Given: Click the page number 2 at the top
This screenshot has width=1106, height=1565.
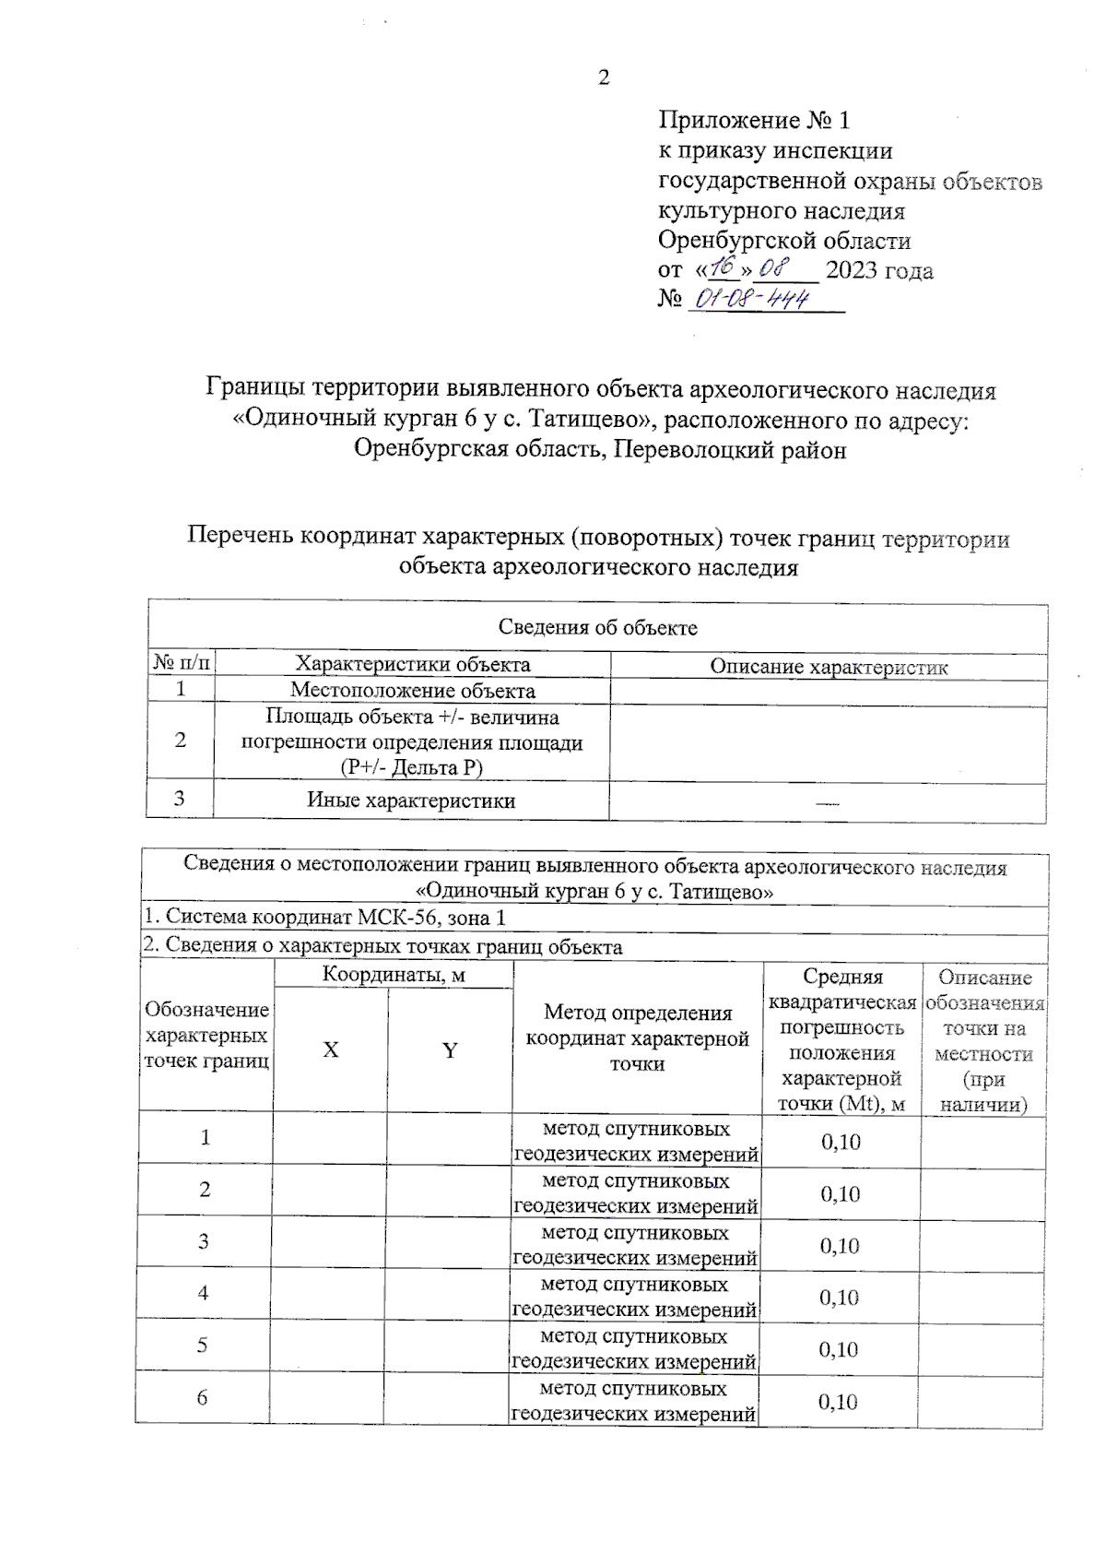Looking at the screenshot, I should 604,78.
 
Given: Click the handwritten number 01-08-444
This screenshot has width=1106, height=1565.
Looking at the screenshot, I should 752,299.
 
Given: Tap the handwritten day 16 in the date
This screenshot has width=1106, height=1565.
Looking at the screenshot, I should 724,268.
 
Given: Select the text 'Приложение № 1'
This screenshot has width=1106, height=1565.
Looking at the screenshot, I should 753,120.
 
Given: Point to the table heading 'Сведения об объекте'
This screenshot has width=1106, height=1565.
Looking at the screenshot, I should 597,628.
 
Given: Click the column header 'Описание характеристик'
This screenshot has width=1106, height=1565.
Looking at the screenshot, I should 828,667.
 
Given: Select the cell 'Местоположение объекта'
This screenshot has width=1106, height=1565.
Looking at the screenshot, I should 412,691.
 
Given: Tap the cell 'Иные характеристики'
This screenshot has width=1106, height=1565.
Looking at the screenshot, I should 411,800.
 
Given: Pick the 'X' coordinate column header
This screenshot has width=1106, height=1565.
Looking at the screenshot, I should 331,1050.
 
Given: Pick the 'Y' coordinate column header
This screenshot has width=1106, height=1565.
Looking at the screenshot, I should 450,1050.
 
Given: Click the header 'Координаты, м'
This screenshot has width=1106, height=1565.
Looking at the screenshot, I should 394,975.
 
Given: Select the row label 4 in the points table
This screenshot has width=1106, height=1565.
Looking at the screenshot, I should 204,1293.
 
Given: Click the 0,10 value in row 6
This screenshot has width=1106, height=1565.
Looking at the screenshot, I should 838,1402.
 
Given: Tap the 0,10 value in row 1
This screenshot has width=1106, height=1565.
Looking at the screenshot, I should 841,1142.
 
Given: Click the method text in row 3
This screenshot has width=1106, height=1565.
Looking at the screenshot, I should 635,1245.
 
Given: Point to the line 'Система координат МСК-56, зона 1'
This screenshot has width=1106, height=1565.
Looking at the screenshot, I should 324,918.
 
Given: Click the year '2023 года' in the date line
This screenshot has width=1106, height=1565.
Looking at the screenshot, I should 879,271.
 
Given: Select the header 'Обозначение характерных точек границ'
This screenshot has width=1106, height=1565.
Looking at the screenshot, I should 206,1036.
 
